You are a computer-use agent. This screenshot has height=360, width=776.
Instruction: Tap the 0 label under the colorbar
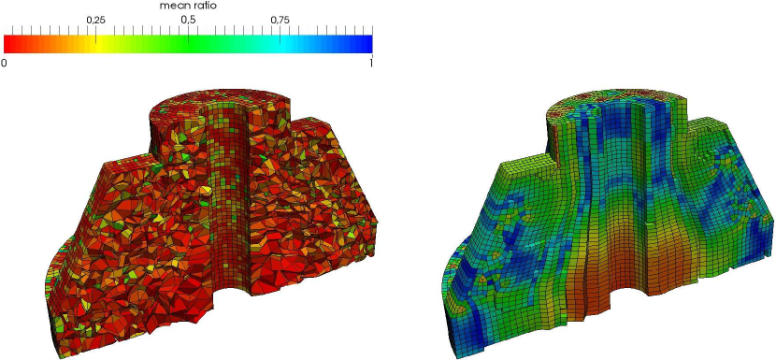[5, 64]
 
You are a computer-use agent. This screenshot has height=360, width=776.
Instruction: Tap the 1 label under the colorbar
[370, 64]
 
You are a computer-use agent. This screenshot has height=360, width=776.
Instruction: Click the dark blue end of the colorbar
[364, 44]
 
